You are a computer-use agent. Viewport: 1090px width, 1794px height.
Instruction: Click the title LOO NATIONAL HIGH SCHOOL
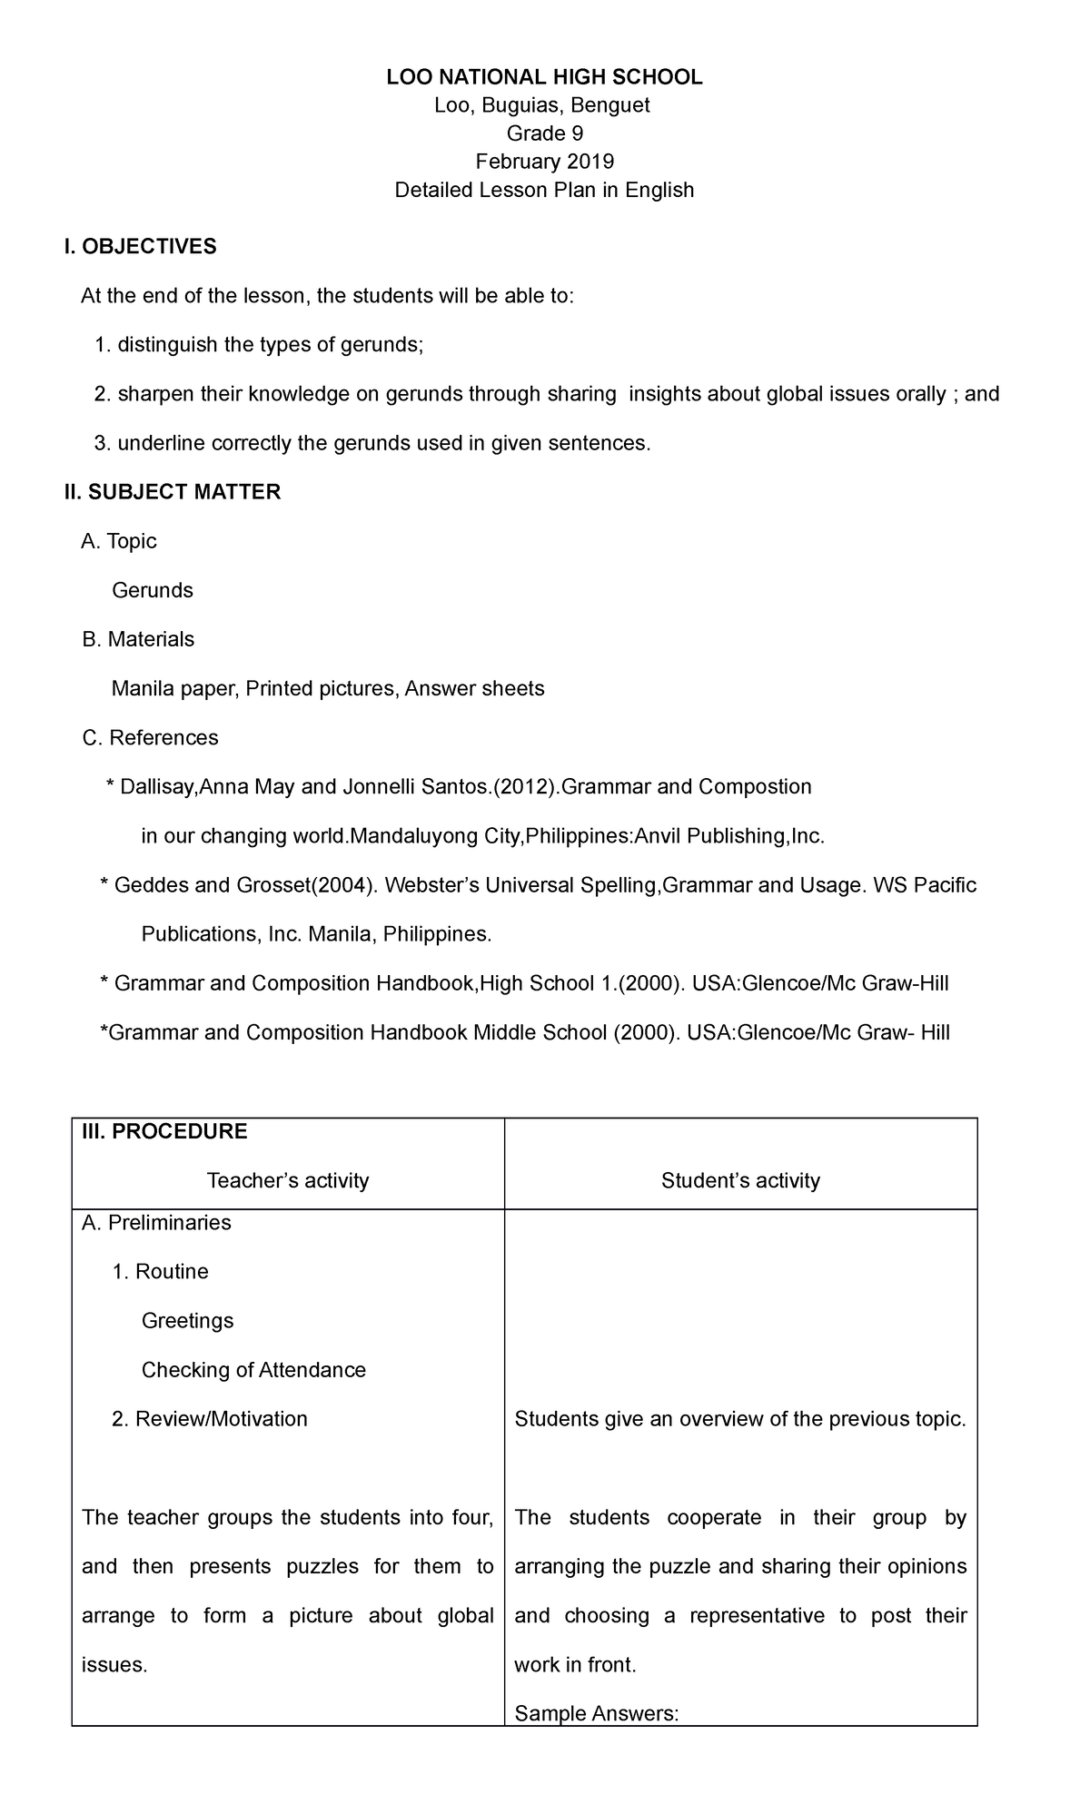click(x=544, y=77)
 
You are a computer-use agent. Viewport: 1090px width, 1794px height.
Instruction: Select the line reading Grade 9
click(x=544, y=133)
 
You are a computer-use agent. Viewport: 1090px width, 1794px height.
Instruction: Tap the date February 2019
click(x=544, y=162)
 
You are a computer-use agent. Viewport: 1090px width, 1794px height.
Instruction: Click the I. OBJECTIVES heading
click(x=140, y=246)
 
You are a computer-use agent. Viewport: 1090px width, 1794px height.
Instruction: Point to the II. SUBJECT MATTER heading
click(x=172, y=492)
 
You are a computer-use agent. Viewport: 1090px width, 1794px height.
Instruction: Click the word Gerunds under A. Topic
click(x=152, y=590)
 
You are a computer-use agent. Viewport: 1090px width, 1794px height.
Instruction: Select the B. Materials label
click(x=138, y=639)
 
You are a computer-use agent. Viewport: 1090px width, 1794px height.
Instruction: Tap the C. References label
click(x=150, y=737)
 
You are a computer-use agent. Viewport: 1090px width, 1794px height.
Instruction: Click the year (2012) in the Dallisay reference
click(x=524, y=786)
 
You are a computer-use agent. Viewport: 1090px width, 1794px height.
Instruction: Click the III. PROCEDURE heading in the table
click(x=164, y=1131)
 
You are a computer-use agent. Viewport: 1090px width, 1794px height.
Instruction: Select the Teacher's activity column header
click(x=287, y=1180)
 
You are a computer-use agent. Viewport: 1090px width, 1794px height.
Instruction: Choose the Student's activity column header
click(x=740, y=1180)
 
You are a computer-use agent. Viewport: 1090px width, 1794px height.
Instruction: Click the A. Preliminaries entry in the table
click(x=155, y=1223)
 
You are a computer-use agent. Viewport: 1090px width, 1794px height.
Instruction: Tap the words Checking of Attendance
click(x=253, y=1370)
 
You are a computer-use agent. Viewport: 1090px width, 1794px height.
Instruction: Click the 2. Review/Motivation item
click(x=209, y=1419)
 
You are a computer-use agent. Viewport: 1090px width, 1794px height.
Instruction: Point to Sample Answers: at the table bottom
click(x=596, y=1713)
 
